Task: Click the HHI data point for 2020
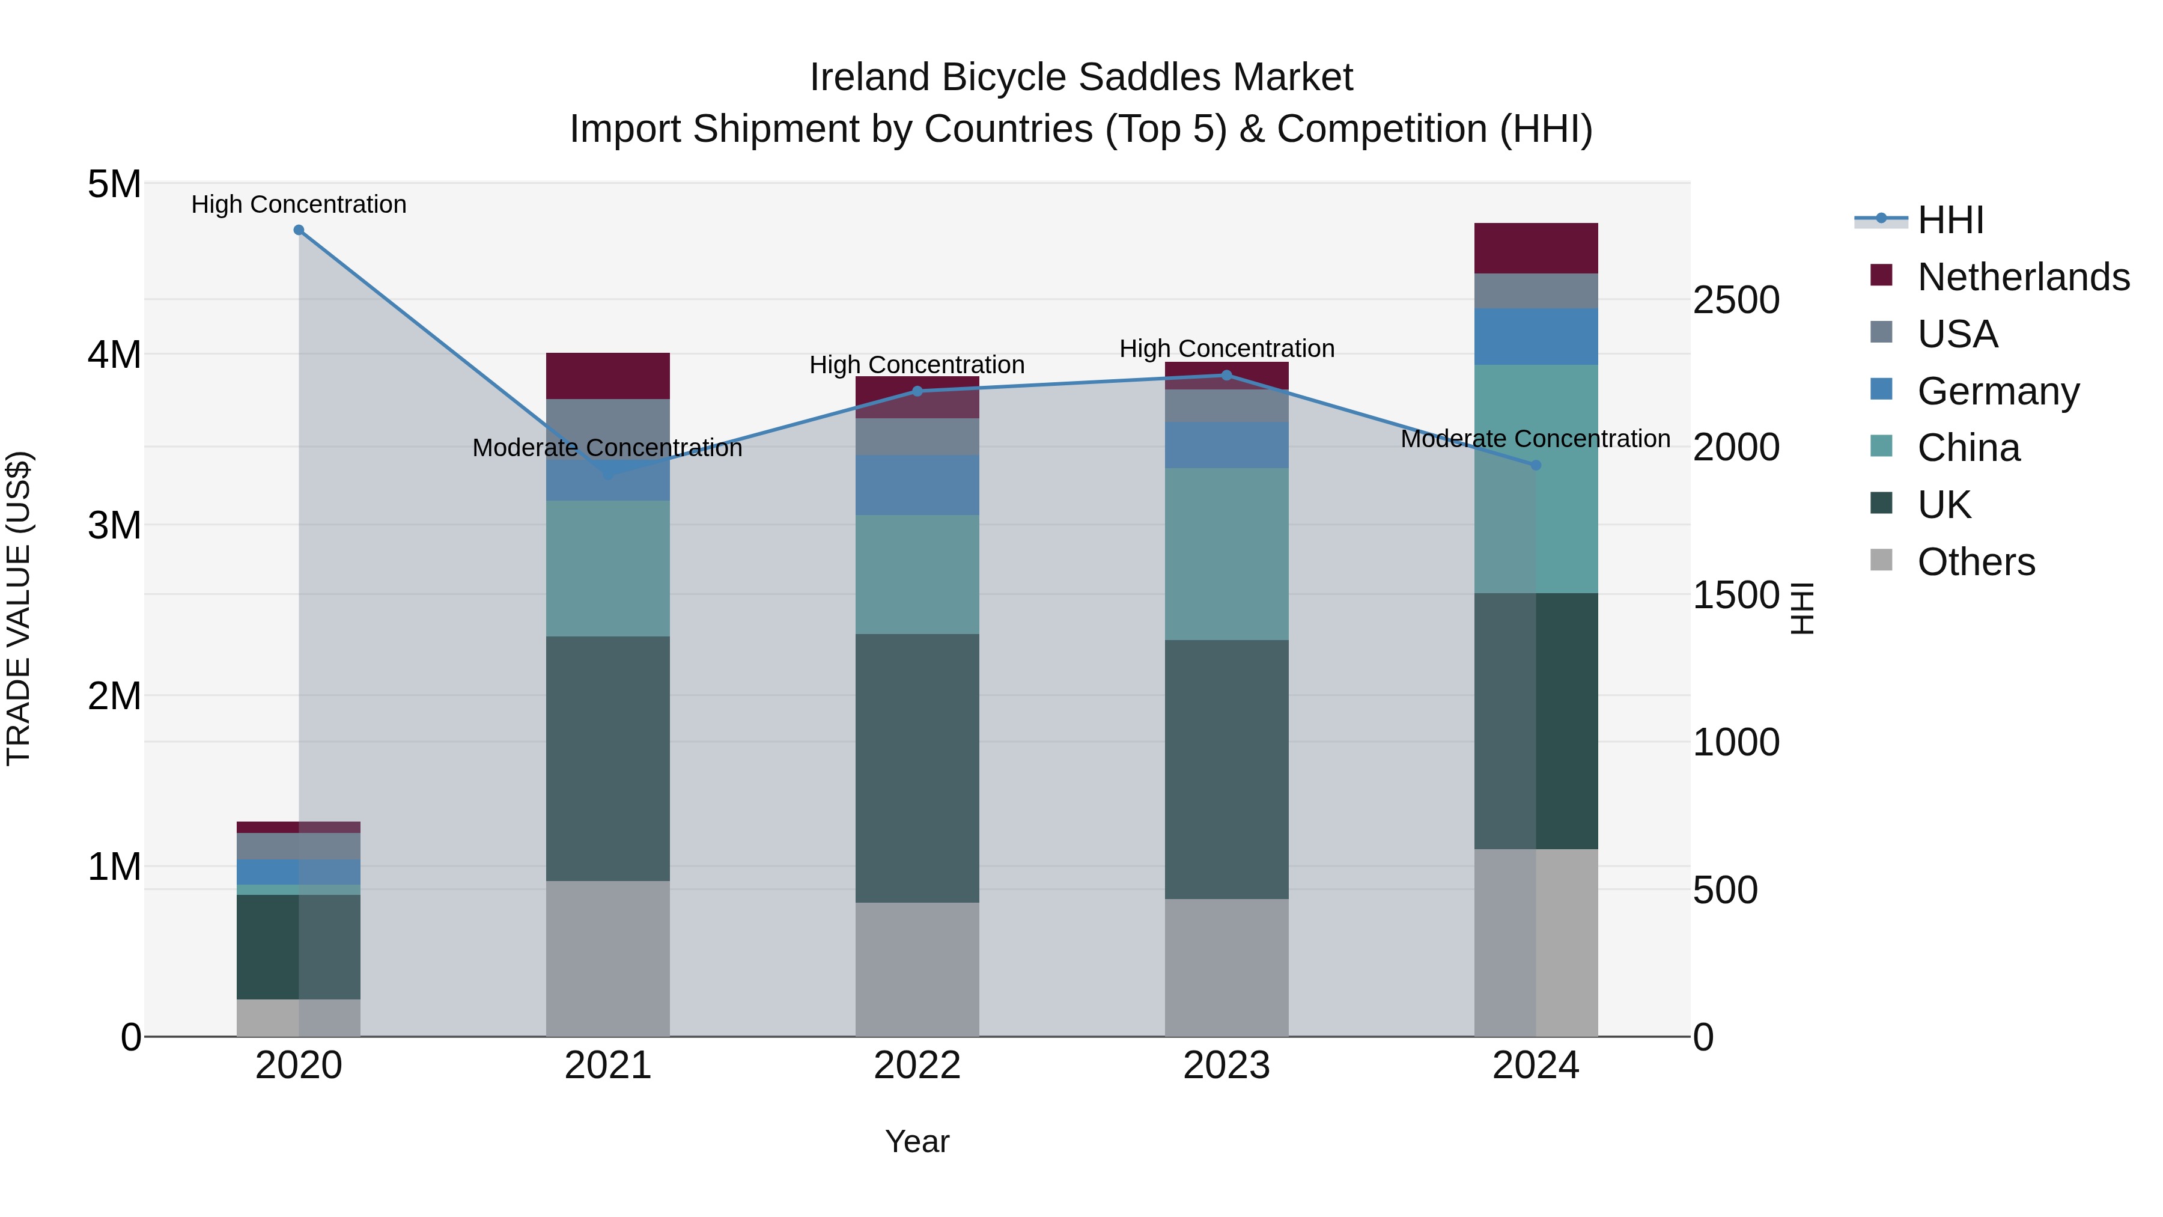(299, 230)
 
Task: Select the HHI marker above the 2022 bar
(917, 391)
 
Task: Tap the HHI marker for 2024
(1536, 465)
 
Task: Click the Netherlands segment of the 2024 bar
(1536, 249)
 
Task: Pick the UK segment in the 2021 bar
(608, 758)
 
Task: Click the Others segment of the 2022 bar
(917, 969)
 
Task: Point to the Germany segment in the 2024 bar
(1536, 337)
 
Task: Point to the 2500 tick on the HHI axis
(1736, 300)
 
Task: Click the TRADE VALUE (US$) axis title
(19, 609)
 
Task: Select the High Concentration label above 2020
(299, 205)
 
